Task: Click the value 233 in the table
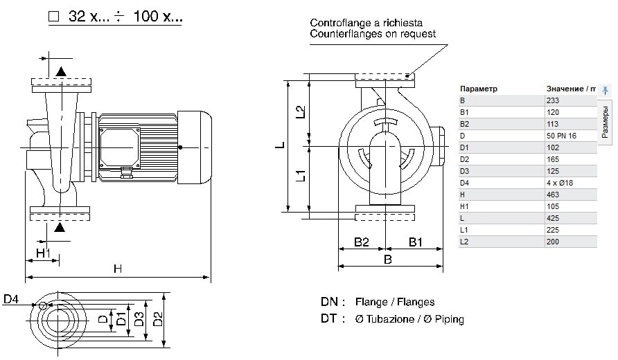point(553,100)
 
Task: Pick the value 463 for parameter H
point(553,195)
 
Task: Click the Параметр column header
point(479,89)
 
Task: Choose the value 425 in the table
point(553,218)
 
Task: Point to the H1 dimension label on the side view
point(43,253)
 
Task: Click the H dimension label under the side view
point(118,269)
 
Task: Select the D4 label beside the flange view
point(11,299)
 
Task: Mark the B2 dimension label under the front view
point(361,242)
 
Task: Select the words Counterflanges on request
point(373,34)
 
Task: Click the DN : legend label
point(333,302)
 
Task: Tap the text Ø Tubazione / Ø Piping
point(409,319)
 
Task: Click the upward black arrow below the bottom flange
point(61,226)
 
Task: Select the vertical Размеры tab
point(605,122)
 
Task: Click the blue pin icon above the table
point(605,90)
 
